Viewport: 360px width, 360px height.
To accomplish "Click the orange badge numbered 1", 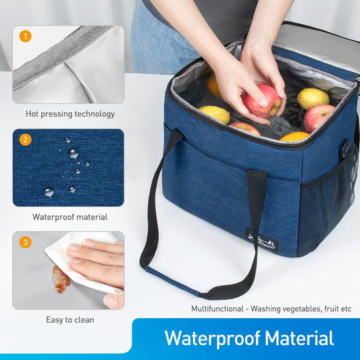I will (x=25, y=36).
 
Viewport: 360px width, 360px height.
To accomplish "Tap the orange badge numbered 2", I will (x=25, y=140).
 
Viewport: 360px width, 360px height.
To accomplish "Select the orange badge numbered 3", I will (x=25, y=242).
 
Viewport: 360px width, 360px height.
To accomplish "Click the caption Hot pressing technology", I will (x=70, y=114).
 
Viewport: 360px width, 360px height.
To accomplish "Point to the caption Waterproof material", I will (x=70, y=217).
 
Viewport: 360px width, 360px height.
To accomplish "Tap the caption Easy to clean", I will (x=70, y=319).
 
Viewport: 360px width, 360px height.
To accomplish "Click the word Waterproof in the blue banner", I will (x=211, y=338).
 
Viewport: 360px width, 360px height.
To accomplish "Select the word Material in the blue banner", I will (x=299, y=338).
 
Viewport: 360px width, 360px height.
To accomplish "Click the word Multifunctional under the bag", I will (x=215, y=309).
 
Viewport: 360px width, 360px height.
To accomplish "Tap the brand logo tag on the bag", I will (x=262, y=241).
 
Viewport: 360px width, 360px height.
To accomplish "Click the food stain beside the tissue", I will (x=60, y=278).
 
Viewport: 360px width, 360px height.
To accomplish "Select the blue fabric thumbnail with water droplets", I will (x=68, y=168).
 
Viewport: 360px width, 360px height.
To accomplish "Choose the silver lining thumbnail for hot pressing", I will (x=68, y=65).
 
